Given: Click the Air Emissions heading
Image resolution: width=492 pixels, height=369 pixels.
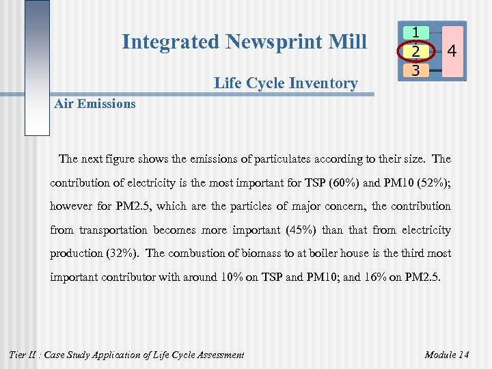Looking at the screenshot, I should [95, 104].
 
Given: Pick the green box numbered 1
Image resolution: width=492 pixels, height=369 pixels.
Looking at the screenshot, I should [415, 33].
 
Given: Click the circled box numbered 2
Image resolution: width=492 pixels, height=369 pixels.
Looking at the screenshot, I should [415, 51].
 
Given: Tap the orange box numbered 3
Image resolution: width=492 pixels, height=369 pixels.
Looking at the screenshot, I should [415, 69].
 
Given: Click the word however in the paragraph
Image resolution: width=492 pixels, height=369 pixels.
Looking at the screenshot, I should [70, 206].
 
